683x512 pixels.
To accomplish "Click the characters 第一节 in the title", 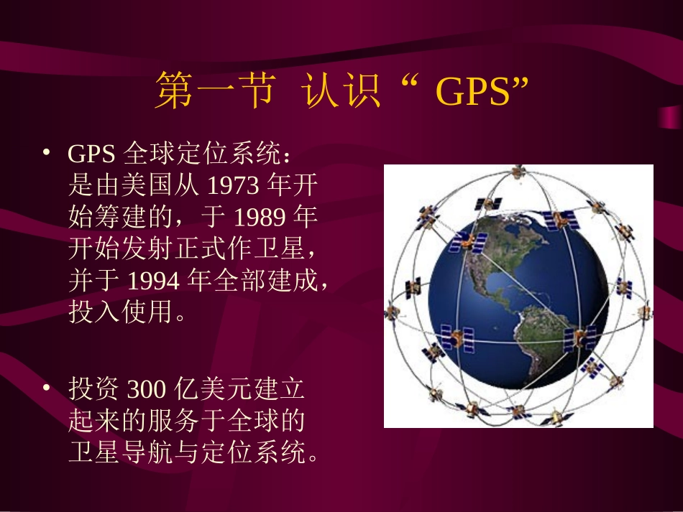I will (x=214, y=93).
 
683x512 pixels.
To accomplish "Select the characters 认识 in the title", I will (x=341, y=93).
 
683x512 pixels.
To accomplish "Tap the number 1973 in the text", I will (x=232, y=186).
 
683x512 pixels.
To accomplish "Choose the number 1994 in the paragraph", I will (x=153, y=281).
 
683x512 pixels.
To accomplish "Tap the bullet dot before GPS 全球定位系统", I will (x=46, y=153).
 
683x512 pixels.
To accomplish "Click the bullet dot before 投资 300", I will (x=46, y=388).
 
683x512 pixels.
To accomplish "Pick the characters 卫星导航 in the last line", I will (x=127, y=453).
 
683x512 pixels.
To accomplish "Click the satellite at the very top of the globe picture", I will (x=515, y=173).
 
